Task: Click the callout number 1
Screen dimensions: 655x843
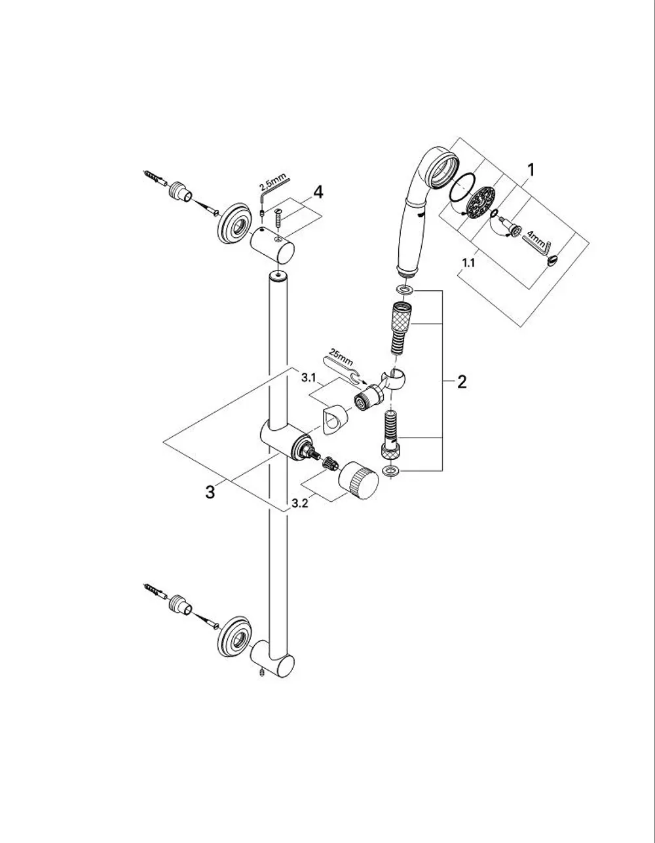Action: tap(531, 170)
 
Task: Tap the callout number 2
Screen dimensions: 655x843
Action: tap(462, 382)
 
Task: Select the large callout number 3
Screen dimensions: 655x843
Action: tap(210, 493)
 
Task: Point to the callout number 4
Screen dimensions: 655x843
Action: tap(318, 192)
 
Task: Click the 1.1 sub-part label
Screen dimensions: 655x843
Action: tap(468, 263)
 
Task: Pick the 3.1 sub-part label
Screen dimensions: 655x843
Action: tap(309, 377)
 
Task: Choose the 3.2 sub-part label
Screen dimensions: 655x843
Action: tap(299, 504)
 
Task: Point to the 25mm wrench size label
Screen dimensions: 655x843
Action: tap(341, 357)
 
